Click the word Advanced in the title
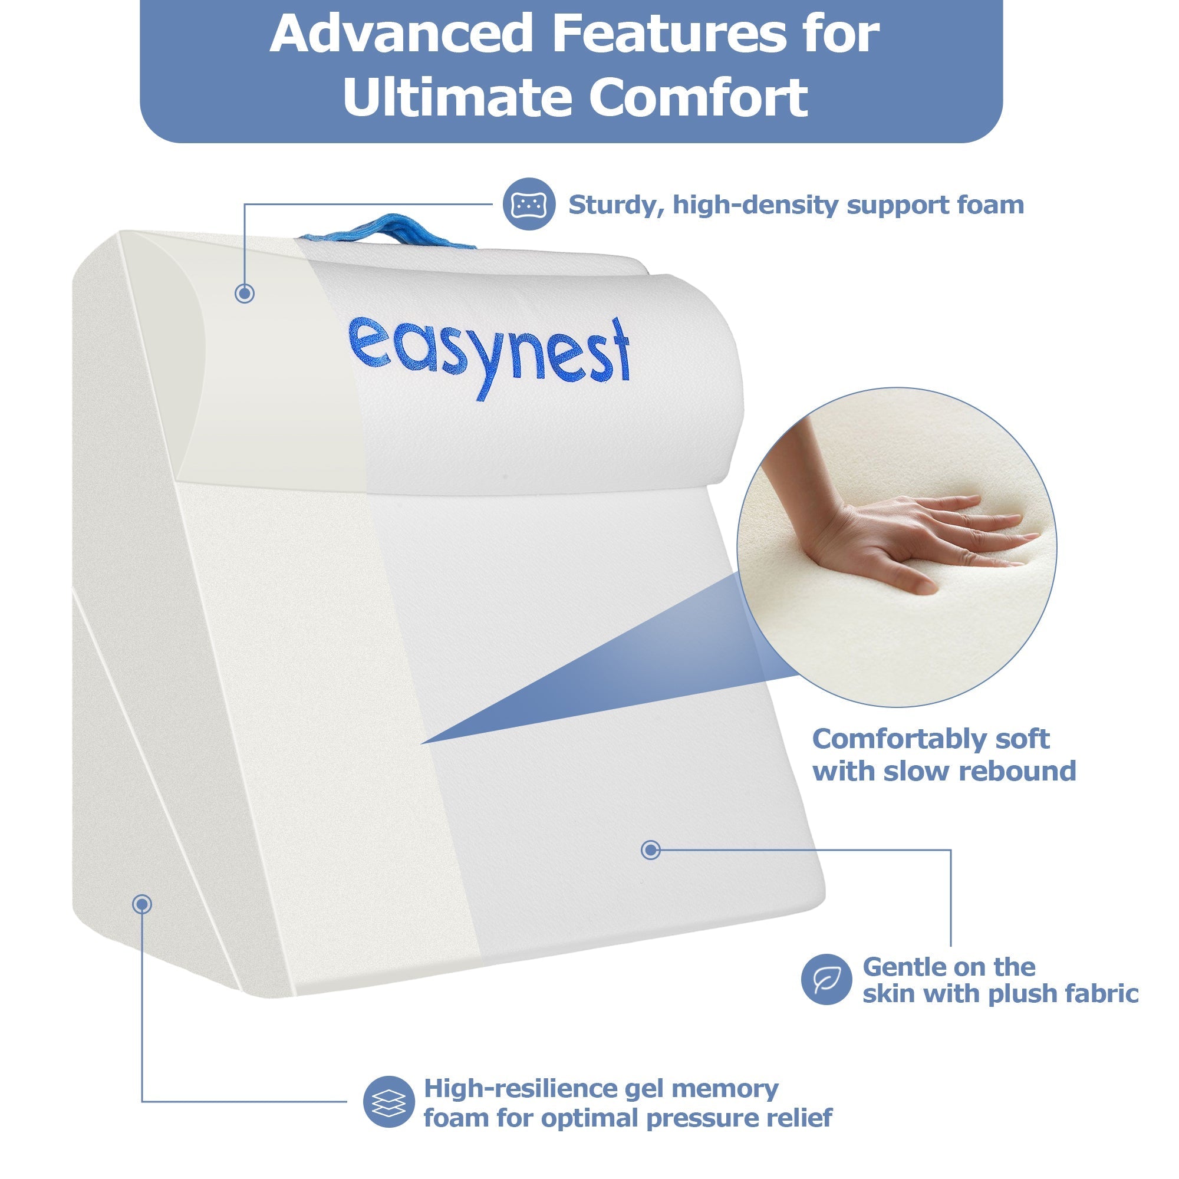(x=401, y=34)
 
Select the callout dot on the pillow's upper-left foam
(x=245, y=294)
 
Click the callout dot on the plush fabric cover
(x=651, y=849)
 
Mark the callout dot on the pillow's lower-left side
(x=142, y=904)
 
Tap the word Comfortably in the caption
(x=895, y=740)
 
